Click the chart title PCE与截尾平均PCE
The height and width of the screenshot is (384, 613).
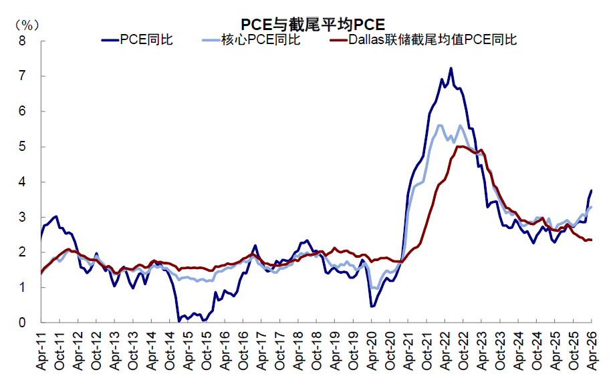point(313,24)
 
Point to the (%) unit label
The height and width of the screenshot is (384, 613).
point(27,25)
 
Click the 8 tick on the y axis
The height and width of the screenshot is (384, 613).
point(22,41)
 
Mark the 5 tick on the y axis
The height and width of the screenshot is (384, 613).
point(22,146)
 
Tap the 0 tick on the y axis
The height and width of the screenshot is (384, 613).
point(22,323)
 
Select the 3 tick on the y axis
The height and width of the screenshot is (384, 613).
point(22,217)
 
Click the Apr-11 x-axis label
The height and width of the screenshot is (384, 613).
point(41,351)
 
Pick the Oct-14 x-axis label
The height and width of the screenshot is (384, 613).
point(170,351)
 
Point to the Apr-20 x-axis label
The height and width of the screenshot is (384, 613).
point(372,351)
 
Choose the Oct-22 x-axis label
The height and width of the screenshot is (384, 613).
point(463,351)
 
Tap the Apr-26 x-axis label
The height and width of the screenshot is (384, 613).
point(592,351)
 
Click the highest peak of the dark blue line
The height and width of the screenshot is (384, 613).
point(451,68)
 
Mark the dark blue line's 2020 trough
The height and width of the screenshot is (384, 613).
point(372,307)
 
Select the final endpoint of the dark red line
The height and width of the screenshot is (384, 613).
point(592,240)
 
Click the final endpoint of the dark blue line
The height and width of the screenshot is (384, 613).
point(592,190)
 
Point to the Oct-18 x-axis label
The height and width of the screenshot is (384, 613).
point(316,351)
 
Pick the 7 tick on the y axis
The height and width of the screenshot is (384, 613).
point(22,75)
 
